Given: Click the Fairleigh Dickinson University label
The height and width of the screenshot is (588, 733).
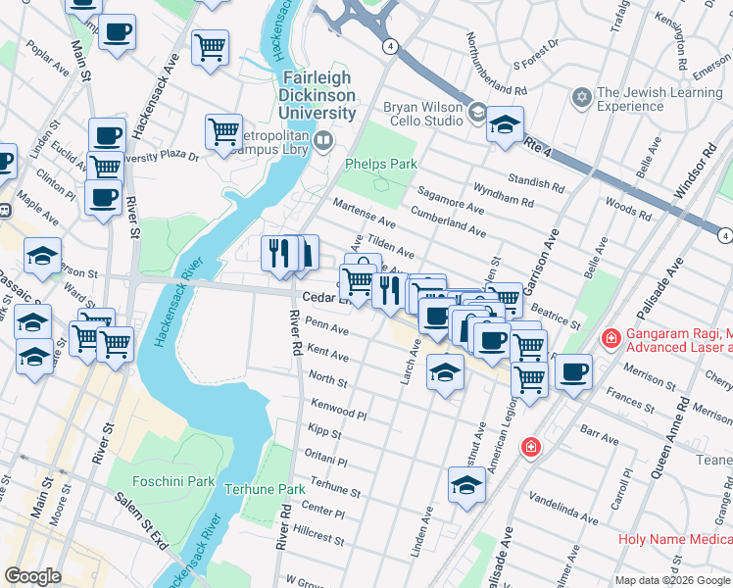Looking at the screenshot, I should [x=319, y=95].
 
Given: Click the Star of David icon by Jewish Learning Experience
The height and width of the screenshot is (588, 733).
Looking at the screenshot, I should [x=581, y=98].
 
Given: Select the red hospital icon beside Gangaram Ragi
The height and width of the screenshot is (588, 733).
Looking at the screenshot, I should [x=611, y=339].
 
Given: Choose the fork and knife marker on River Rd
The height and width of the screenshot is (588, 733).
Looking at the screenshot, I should [x=279, y=254].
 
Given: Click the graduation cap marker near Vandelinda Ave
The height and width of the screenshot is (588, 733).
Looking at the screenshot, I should [x=466, y=485].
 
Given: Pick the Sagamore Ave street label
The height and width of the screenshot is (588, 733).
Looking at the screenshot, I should [x=451, y=202].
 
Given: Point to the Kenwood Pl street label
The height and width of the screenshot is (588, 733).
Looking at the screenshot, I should [x=338, y=410].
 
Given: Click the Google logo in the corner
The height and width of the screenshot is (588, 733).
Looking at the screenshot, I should [x=33, y=575].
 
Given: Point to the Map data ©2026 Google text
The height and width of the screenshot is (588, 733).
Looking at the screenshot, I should [x=672, y=579].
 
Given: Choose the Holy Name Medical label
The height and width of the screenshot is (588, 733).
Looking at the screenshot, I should [x=674, y=539].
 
